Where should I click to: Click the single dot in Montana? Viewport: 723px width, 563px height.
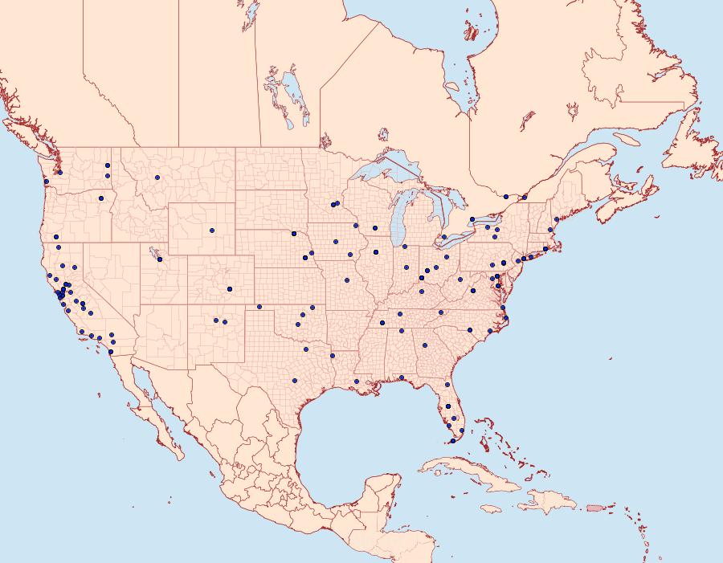coord(157,177)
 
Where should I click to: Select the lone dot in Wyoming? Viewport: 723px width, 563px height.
coord(212,231)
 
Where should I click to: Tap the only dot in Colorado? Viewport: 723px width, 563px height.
coord(230,289)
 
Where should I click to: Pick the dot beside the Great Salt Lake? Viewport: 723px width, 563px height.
coord(161,259)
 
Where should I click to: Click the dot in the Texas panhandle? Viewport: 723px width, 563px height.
coord(259,307)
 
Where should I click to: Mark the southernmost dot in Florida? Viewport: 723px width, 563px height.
coord(451,441)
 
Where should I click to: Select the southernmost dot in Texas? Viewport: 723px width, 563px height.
coord(295,380)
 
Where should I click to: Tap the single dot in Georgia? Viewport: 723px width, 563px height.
coord(424,345)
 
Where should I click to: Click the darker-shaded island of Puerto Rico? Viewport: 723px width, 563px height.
coord(594,507)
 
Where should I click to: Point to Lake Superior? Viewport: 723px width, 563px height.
coord(386,173)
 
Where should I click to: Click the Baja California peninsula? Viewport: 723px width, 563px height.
coord(157,410)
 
